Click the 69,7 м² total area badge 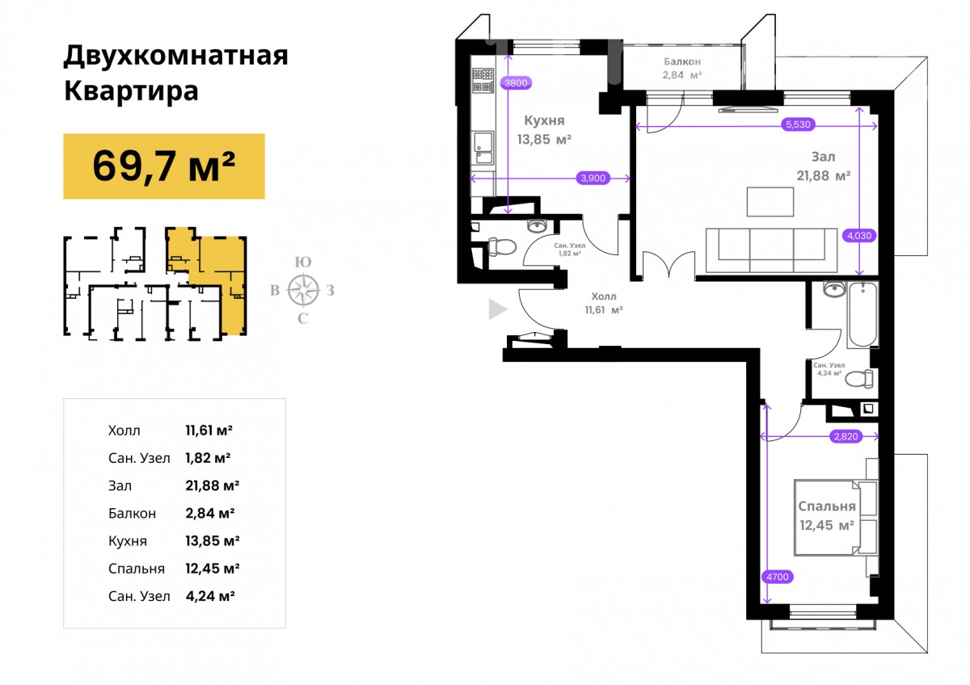click(164, 166)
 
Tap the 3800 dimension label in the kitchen click(516, 82)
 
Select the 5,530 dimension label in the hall click(798, 124)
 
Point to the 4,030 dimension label click(859, 235)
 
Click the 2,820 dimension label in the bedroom click(846, 436)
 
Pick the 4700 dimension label click(778, 577)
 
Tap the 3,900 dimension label click(593, 178)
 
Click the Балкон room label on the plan click(682, 62)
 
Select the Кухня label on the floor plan click(544, 120)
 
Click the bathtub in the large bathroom click(863, 314)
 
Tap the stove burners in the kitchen click(483, 81)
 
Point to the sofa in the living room click(771, 250)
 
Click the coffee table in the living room click(770, 202)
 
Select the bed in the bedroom click(828, 518)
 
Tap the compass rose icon click(304, 289)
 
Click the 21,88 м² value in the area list click(212, 485)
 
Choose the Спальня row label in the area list click(137, 569)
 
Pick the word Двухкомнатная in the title click(176, 56)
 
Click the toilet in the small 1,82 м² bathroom click(502, 246)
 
